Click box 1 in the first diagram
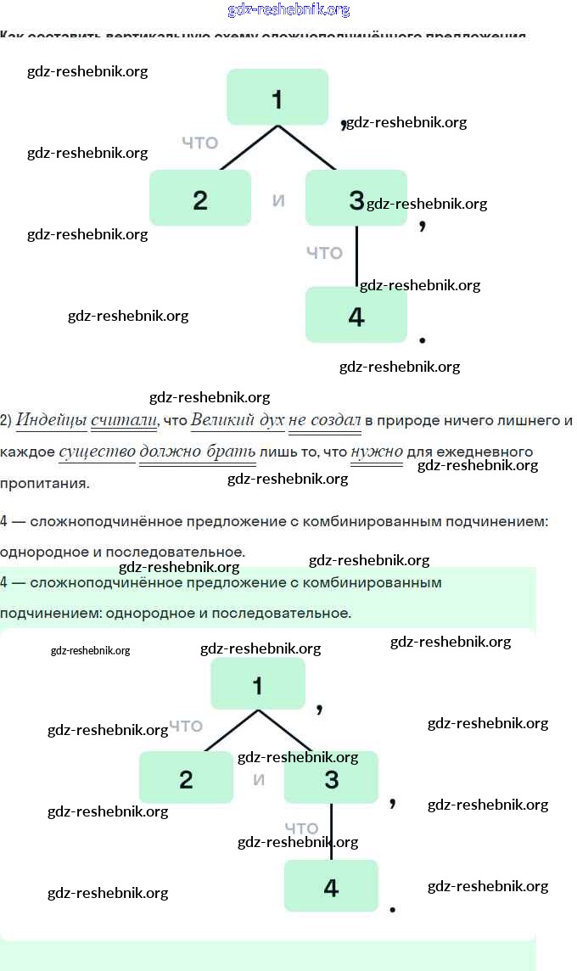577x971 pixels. (x=277, y=97)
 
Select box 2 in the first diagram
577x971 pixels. (x=200, y=198)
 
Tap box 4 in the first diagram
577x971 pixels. (x=356, y=315)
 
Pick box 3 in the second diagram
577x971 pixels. (x=331, y=777)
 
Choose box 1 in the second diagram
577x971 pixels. (x=258, y=683)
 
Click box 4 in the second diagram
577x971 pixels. (x=331, y=885)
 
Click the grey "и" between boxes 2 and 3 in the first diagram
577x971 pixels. (x=278, y=200)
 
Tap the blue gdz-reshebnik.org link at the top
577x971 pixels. (x=288, y=10)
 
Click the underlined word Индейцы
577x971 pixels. (x=52, y=419)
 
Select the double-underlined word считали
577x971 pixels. (x=124, y=419)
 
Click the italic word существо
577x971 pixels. (x=97, y=451)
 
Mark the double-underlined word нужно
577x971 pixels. (x=378, y=451)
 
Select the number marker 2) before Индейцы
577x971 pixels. (x=6, y=419)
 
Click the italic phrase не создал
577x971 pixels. (x=325, y=419)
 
